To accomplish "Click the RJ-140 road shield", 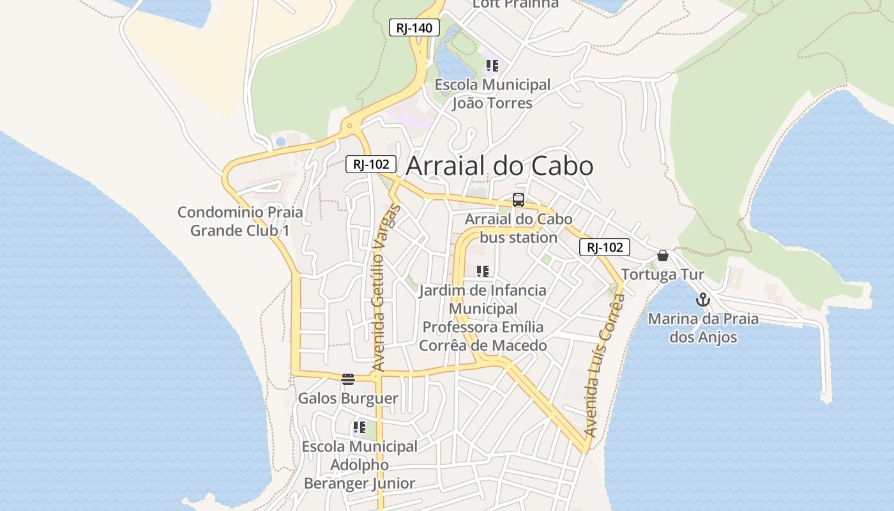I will coord(414,27).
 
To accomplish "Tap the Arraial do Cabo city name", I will coord(499,166).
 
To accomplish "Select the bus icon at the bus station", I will coord(519,200).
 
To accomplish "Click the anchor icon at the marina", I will coord(703,300).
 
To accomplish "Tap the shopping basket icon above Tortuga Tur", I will coord(663,256).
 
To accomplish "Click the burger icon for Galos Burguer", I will coord(348,379).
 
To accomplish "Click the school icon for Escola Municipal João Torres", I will coord(492,65).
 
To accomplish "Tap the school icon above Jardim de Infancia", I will coord(483,271).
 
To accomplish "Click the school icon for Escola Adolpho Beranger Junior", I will coord(360,427).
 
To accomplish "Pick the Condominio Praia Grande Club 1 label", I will coord(240,221).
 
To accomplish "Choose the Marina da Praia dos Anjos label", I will coord(703,328).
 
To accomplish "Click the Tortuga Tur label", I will coord(663,275).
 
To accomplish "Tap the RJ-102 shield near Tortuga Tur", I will coord(605,247).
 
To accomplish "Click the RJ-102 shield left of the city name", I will coord(371,164).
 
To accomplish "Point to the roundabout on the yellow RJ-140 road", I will coord(349,126).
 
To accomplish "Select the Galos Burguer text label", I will coord(348,399).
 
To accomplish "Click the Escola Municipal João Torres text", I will coord(492,93).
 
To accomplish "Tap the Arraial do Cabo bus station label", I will coord(519,228).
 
